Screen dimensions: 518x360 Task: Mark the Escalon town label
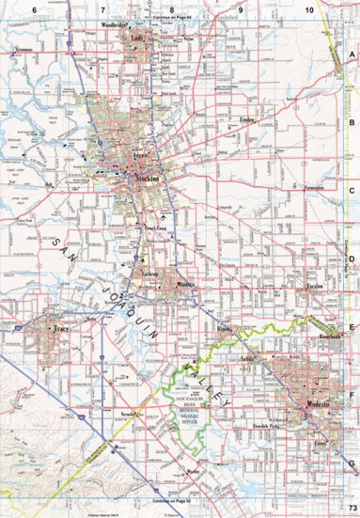point(314,285)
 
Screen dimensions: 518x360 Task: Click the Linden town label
point(248,121)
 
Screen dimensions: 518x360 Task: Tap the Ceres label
point(322,442)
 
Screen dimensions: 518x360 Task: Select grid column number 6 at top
point(33,8)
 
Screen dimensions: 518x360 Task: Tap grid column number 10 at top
point(308,8)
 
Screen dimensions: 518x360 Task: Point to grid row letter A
point(352,55)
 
